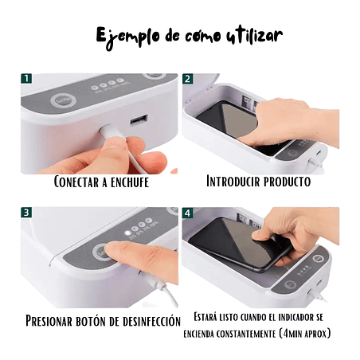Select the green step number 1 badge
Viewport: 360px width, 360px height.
click(26, 79)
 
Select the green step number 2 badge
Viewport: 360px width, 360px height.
click(188, 79)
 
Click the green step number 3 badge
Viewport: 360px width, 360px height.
click(26, 213)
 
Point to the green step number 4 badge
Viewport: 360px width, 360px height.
click(188, 213)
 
